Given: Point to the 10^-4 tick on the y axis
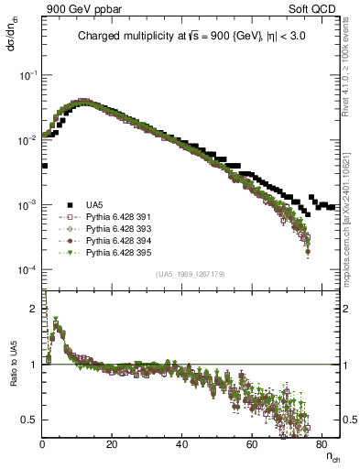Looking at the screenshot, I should coord(27,271).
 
